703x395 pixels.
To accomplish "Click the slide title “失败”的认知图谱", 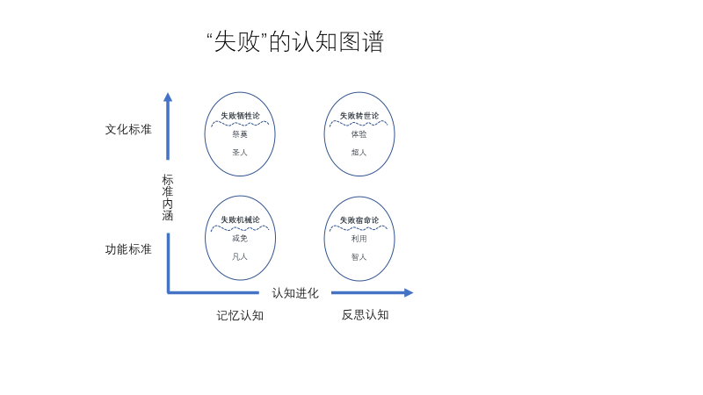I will [294, 42].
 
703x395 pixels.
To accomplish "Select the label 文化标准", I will [128, 129].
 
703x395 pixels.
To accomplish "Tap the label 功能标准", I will [128, 249].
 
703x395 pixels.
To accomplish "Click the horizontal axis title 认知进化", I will [295, 293].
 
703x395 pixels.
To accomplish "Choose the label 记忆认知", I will [240, 315].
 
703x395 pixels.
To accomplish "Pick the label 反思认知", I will [365, 314].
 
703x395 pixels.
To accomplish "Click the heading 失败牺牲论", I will [240, 116].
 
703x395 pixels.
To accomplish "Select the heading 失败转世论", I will [359, 116].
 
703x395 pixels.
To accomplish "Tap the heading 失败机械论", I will [240, 219].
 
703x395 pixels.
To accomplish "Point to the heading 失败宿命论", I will [359, 219].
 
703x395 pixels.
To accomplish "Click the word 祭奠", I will [240, 134].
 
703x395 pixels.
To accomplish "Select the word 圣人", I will [240, 153].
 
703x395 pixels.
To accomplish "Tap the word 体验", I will [359, 134].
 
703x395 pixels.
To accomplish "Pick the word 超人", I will [359, 153].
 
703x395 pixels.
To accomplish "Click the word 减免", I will [240, 238].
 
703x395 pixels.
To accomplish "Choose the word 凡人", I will [240, 257].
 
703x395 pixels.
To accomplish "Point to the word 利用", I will [359, 238].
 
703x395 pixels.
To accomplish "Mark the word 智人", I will [359, 257].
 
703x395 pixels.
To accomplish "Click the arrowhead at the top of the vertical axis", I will [168, 97].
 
